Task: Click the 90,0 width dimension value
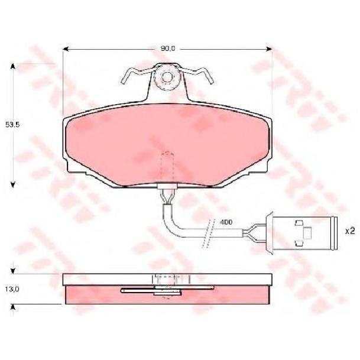tap(168, 48)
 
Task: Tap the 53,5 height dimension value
tap(12, 125)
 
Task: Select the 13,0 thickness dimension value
tap(12, 289)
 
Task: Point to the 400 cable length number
tap(226, 222)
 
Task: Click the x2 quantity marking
tap(350, 231)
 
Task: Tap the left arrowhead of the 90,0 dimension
tap(66, 49)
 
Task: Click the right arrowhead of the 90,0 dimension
tap(269, 49)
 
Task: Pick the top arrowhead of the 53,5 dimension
tap(13, 66)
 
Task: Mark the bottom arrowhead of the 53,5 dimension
tap(13, 184)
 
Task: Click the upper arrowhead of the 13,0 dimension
tap(13, 271)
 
